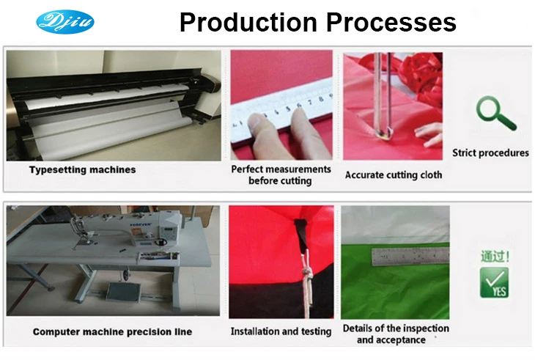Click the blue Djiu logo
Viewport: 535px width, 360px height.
[65, 22]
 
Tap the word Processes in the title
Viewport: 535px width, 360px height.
[391, 23]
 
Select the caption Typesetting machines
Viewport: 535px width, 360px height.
[83, 169]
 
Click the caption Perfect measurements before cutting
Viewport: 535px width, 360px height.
[281, 175]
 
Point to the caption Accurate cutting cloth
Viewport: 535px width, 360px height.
[394, 175]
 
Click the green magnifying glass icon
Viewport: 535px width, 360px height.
[495, 114]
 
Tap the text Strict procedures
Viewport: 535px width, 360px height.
[490, 153]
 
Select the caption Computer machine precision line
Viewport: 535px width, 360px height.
[112, 331]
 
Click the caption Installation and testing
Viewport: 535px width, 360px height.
[281, 331]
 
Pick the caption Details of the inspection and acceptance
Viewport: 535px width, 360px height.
[396, 334]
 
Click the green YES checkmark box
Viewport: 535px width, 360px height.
[494, 282]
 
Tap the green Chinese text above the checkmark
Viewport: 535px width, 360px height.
[495, 256]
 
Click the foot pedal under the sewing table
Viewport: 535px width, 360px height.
[123, 291]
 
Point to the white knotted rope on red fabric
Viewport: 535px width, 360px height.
[307, 276]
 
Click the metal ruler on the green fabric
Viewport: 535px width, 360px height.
[410, 257]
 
